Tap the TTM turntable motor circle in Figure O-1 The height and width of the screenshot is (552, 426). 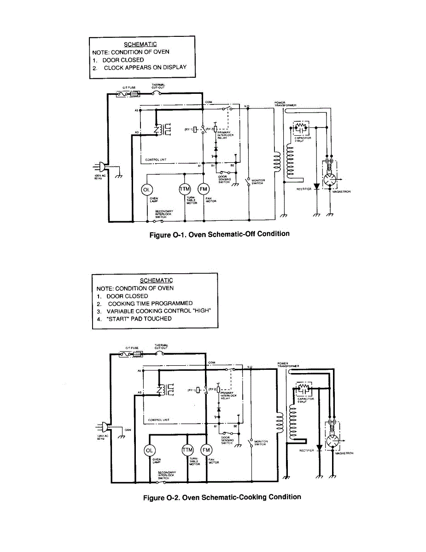[x=185, y=190]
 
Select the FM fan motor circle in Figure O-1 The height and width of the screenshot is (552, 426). [x=204, y=190]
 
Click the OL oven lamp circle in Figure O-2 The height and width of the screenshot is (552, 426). [x=149, y=450]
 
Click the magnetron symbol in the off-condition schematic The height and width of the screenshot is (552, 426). [x=330, y=179]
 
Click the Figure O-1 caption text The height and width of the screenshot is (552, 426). [x=220, y=234]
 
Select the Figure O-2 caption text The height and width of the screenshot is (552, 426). [x=222, y=497]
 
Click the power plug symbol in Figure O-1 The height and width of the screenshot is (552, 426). [x=100, y=167]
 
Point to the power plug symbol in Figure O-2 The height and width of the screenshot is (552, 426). [x=102, y=427]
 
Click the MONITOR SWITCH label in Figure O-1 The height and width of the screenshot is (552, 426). [x=258, y=182]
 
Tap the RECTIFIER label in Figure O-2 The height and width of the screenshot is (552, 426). [x=307, y=450]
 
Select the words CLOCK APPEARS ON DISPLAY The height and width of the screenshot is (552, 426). [x=145, y=67]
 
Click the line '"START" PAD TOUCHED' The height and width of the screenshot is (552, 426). [x=139, y=318]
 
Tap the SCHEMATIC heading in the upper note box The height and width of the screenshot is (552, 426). [x=140, y=44]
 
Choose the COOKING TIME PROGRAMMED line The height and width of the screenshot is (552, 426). [x=150, y=304]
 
